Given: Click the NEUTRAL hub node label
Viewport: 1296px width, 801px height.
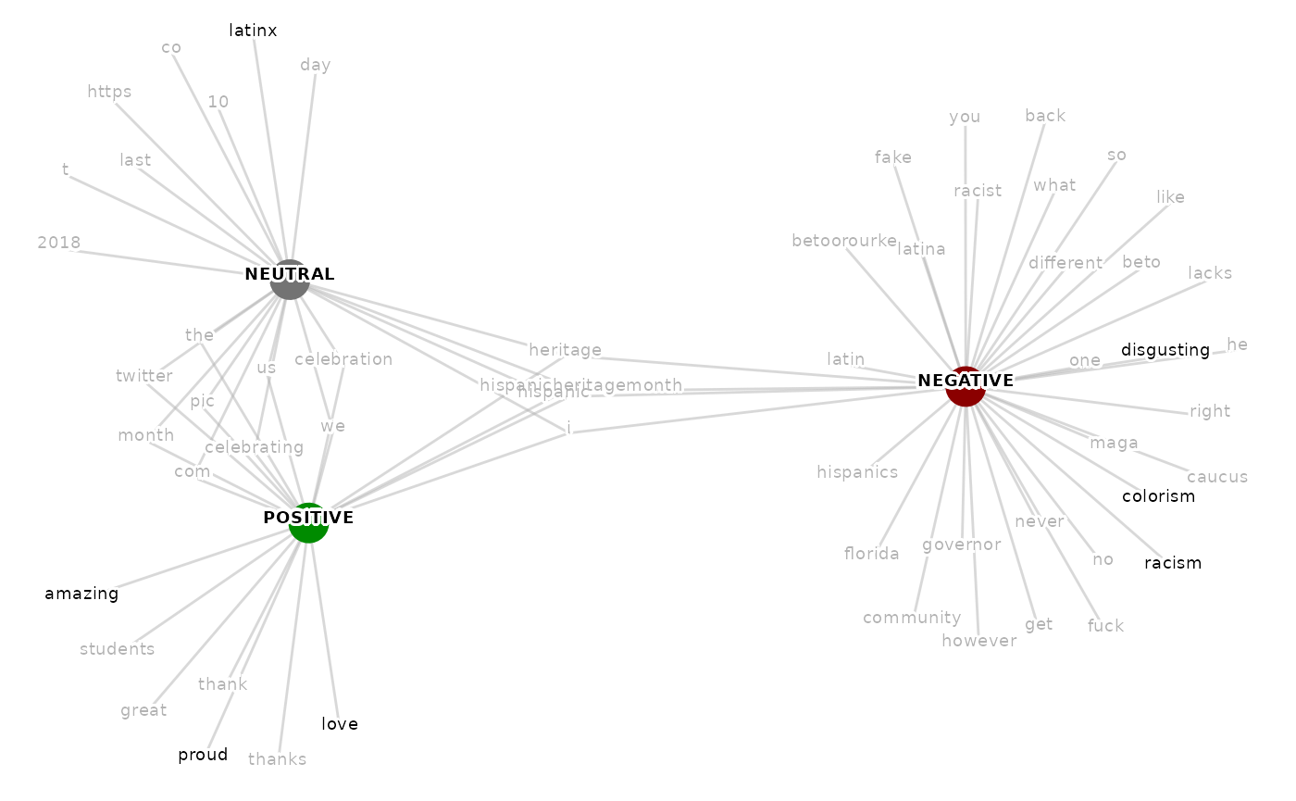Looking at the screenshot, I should pyautogui.click(x=289, y=275).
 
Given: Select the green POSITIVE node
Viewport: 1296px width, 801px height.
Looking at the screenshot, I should pyautogui.click(x=308, y=524).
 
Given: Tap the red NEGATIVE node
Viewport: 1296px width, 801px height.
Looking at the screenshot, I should pyautogui.click(x=965, y=387).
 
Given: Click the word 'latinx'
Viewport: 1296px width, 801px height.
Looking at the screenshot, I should pyautogui.click(x=253, y=31).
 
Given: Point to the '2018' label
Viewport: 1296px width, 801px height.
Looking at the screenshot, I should pyautogui.click(x=58, y=243).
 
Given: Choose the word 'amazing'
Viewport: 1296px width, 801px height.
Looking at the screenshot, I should pyautogui.click(x=81, y=594).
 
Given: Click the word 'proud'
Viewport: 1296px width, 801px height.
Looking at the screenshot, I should pyautogui.click(x=203, y=756).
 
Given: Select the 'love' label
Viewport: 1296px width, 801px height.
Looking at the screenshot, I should pyautogui.click(x=339, y=724).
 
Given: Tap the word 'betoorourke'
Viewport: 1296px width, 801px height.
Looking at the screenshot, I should pyautogui.click(x=843, y=241).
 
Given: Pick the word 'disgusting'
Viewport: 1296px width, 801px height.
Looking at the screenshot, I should pyautogui.click(x=1165, y=350).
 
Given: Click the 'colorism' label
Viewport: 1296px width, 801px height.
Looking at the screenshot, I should pyautogui.click(x=1158, y=496).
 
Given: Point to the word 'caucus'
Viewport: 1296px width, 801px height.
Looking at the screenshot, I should pyautogui.click(x=1217, y=477).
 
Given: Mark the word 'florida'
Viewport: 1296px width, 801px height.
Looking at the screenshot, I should pyautogui.click(x=871, y=554).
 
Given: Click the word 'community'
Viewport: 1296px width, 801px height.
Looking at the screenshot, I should pyautogui.click(x=912, y=618).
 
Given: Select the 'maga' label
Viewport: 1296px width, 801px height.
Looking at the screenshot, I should pyautogui.click(x=1113, y=443).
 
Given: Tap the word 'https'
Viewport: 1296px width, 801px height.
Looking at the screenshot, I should pyautogui.click(x=109, y=92).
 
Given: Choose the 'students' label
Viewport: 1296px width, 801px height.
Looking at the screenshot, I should pyautogui.click(x=117, y=648).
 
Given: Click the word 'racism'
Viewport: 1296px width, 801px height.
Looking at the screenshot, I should pyautogui.click(x=1172, y=563).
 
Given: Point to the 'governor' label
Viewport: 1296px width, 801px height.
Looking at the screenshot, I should pyautogui.click(x=961, y=544).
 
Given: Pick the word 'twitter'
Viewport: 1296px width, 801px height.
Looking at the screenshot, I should pyautogui.click(x=144, y=376).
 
